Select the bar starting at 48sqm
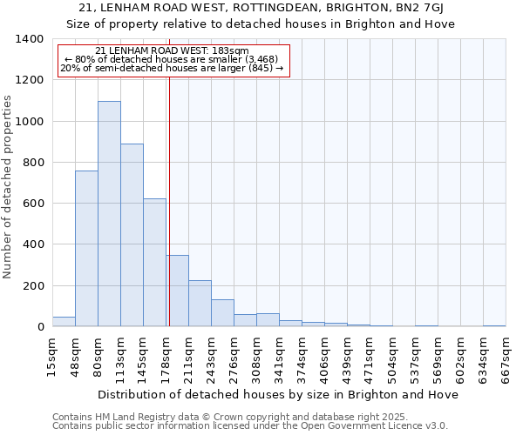click(x=86, y=249)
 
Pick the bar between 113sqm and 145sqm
click(x=132, y=235)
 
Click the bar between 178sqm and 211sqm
click(x=178, y=291)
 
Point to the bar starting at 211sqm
click(x=200, y=304)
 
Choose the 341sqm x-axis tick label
click(x=279, y=358)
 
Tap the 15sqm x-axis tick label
click(x=52, y=358)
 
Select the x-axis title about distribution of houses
click(x=278, y=394)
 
